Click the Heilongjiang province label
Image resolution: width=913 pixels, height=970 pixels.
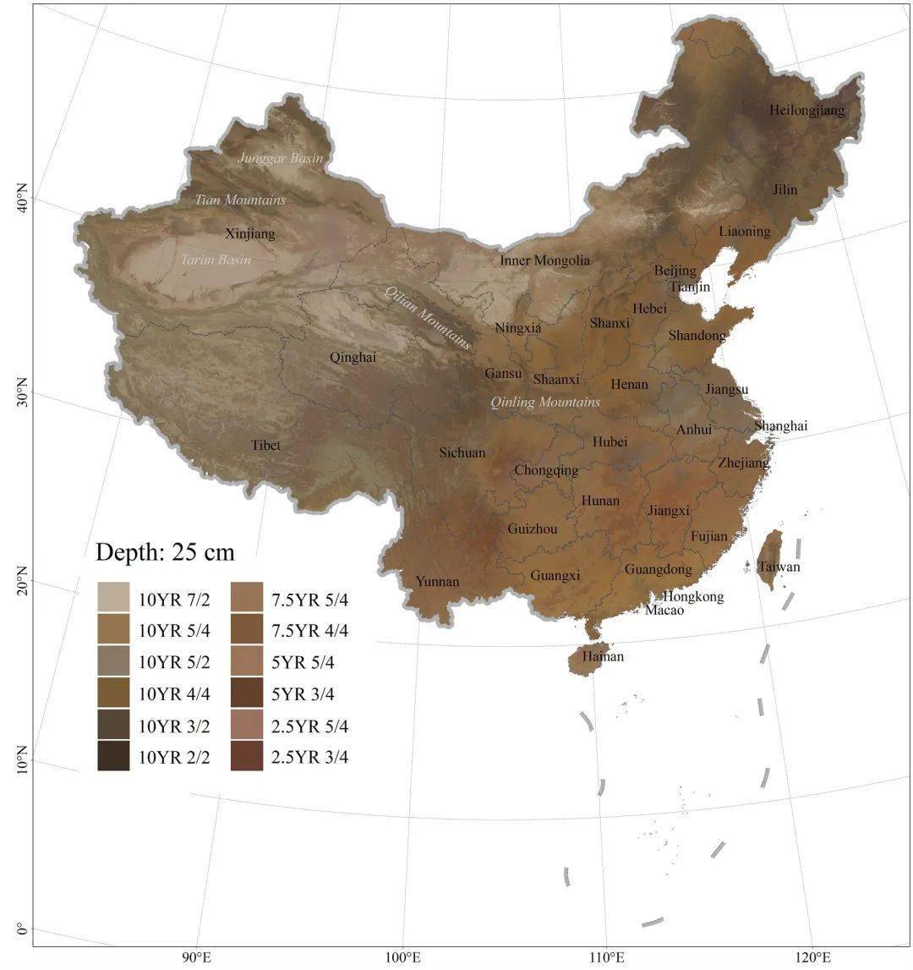click(806, 110)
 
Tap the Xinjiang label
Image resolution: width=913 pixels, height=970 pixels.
click(250, 233)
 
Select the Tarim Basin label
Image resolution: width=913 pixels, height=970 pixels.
click(216, 260)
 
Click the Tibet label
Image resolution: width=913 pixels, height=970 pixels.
click(265, 445)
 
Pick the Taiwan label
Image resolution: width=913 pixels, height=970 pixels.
click(779, 567)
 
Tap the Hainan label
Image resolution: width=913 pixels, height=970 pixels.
click(602, 656)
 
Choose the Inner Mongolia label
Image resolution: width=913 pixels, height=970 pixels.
click(544, 260)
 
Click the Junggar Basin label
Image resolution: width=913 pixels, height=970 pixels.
click(280, 158)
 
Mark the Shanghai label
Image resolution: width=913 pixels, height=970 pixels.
click(780, 425)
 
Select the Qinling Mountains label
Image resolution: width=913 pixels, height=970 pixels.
click(545, 402)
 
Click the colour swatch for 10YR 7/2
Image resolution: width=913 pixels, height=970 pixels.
click(113, 597)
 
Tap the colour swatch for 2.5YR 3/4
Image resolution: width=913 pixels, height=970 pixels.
click(246, 757)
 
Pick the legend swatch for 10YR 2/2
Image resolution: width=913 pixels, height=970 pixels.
click(113, 757)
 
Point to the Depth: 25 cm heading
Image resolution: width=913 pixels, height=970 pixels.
click(165, 552)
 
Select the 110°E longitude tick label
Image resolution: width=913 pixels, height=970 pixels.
click(607, 956)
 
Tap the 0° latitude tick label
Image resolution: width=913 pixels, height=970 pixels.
click(21, 932)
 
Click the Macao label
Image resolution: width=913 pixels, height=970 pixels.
click(664, 610)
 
